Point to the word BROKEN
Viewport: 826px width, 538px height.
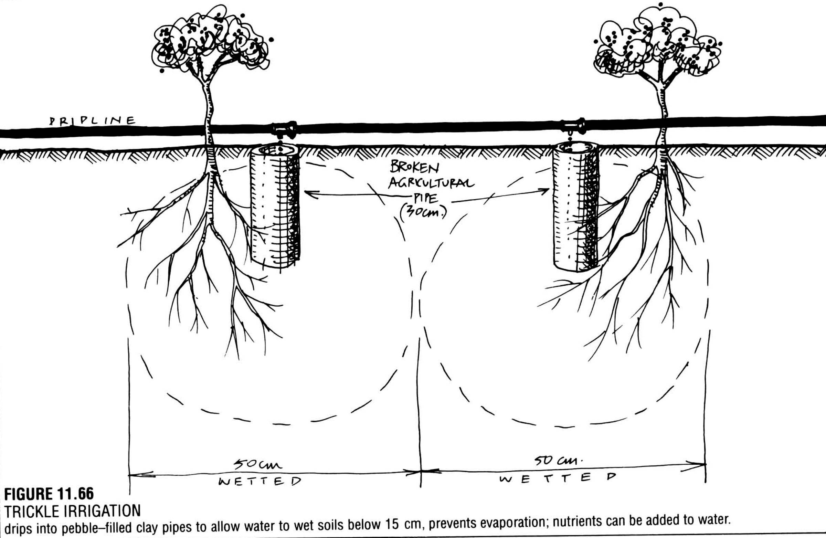(414, 168)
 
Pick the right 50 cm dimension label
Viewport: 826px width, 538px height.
(557, 461)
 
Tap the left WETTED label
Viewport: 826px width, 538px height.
(260, 482)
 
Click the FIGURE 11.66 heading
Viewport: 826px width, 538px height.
(49, 494)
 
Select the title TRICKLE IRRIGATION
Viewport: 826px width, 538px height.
(73, 511)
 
